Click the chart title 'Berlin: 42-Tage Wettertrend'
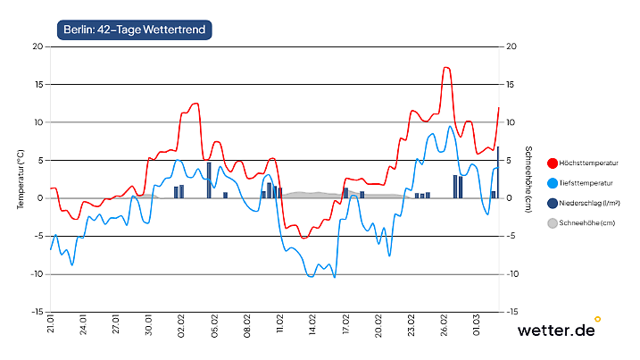pyautogui.click(x=134, y=29)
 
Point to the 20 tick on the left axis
pyautogui.click(x=37, y=46)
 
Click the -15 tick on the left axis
pyautogui.click(x=35, y=313)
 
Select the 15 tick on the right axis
pyautogui.click(x=511, y=85)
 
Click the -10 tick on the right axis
pyautogui.click(x=512, y=274)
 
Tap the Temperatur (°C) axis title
pyautogui.click(x=20, y=180)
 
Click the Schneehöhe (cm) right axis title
pyautogui.click(x=528, y=180)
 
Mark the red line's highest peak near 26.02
pyautogui.click(x=446, y=68)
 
